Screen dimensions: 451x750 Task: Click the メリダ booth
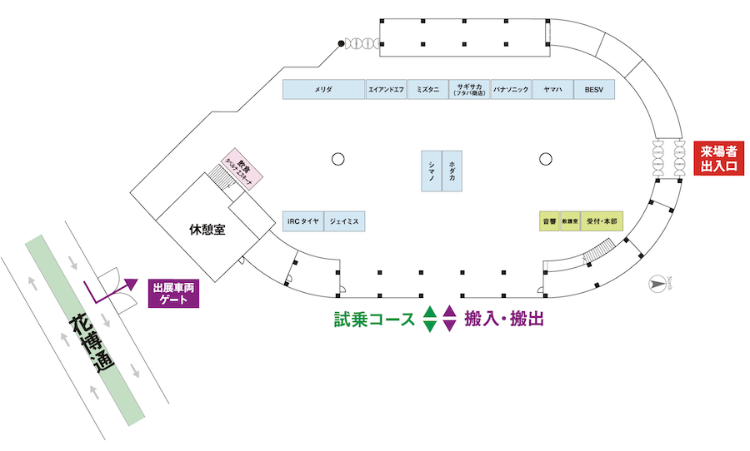click(x=324, y=89)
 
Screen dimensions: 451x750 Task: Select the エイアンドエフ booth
click(x=386, y=89)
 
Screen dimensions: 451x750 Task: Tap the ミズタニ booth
click(x=427, y=89)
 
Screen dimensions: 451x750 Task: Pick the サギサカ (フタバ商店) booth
click(x=469, y=89)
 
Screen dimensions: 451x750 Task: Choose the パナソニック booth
click(x=511, y=89)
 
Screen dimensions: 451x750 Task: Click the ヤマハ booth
click(x=552, y=89)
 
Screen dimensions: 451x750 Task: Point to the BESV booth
click(x=594, y=89)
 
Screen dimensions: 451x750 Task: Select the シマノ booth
click(x=431, y=171)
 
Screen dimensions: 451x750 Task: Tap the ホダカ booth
click(x=452, y=171)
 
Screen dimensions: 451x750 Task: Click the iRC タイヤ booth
click(x=302, y=221)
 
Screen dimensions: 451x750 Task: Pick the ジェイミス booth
click(x=344, y=221)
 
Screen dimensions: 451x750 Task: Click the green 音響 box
click(x=549, y=221)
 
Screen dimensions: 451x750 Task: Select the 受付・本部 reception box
click(x=602, y=221)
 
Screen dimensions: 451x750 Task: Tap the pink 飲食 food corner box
click(x=242, y=169)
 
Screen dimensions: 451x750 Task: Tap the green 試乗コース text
click(x=374, y=318)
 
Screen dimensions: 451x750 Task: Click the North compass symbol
click(x=658, y=284)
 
